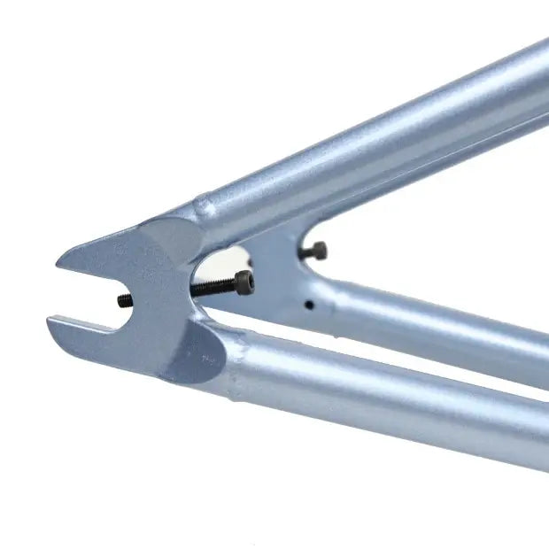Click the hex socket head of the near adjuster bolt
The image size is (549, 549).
tap(244, 283)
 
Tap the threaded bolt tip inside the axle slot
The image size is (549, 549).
tap(126, 301)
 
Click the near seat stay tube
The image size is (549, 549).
tap(372, 151)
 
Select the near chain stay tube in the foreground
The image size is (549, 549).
tap(390, 398)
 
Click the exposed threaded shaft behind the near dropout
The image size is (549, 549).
tap(213, 288)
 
